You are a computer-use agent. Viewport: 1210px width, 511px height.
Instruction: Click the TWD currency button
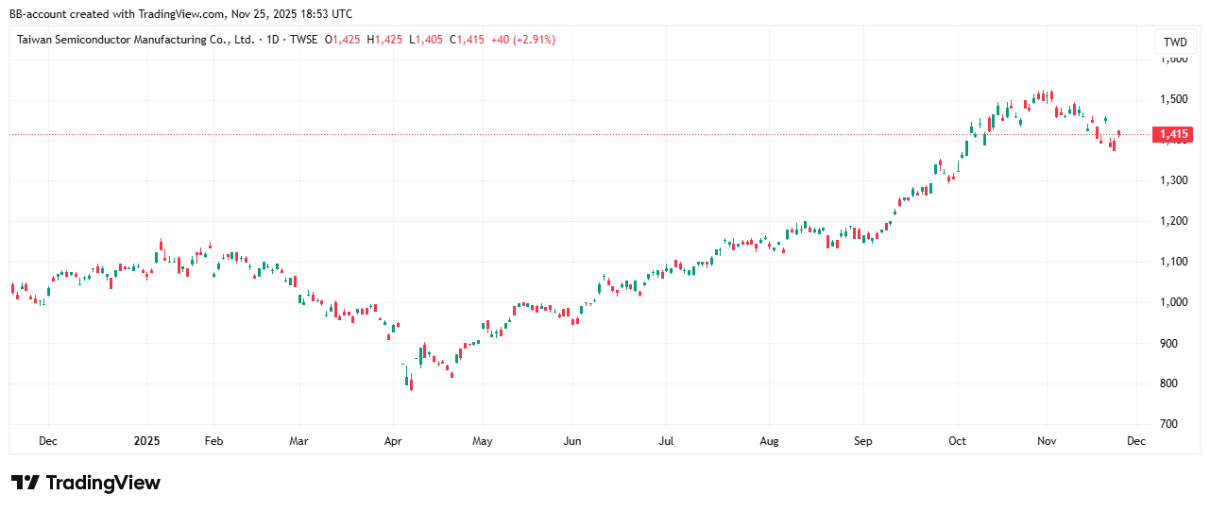[1175, 42]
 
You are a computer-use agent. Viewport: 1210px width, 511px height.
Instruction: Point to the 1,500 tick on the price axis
[1174, 99]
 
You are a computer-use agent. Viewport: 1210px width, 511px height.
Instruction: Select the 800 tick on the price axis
[1170, 383]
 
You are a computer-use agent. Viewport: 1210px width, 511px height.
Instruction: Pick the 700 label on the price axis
[1170, 424]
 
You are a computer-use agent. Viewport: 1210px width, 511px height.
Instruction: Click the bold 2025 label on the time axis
[146, 440]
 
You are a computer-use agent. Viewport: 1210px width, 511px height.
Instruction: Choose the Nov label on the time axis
[1046, 440]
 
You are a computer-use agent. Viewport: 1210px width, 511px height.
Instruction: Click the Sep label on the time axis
[862, 440]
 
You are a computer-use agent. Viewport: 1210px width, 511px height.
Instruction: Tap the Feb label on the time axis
[213, 440]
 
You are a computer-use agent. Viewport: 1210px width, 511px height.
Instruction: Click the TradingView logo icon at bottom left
[25, 483]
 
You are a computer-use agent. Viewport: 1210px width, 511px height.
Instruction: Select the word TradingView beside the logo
[103, 483]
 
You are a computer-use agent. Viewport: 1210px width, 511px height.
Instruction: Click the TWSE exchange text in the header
[303, 40]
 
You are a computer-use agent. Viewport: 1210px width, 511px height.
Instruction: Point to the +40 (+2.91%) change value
[523, 40]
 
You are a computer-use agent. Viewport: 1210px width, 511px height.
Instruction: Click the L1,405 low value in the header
[427, 40]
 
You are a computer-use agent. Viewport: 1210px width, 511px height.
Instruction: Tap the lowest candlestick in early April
[411, 382]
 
